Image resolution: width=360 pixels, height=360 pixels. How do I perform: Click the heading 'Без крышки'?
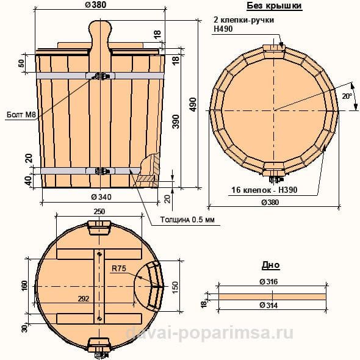(x=274, y=6)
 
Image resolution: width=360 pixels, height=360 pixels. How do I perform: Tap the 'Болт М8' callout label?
(x=21, y=115)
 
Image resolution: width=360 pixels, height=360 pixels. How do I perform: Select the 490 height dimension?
(x=193, y=105)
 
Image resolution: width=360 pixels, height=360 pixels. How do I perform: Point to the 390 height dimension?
(x=176, y=121)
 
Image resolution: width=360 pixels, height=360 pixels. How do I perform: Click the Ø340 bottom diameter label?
(x=101, y=196)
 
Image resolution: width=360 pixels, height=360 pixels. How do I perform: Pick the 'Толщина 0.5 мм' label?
(x=187, y=220)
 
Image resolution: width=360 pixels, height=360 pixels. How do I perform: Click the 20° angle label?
(x=347, y=96)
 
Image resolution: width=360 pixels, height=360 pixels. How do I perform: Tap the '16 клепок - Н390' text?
(x=264, y=190)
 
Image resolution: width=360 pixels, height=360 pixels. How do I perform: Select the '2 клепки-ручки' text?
(x=244, y=20)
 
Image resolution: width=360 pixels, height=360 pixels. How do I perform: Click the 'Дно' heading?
(x=271, y=265)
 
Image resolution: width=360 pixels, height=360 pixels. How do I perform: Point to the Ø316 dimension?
(x=268, y=281)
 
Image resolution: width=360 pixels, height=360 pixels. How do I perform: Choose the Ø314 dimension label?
(x=268, y=305)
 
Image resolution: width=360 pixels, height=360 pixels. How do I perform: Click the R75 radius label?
(x=119, y=268)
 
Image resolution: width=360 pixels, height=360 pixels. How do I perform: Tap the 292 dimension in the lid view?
(x=84, y=299)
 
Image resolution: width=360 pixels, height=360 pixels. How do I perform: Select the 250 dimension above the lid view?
(x=99, y=212)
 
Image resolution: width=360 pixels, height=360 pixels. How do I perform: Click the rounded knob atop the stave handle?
(x=100, y=28)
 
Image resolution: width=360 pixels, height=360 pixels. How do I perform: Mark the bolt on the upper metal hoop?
(x=100, y=76)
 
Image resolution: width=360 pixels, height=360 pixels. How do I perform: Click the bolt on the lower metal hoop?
(x=100, y=171)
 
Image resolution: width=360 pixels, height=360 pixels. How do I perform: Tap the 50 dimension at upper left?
(x=21, y=63)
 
